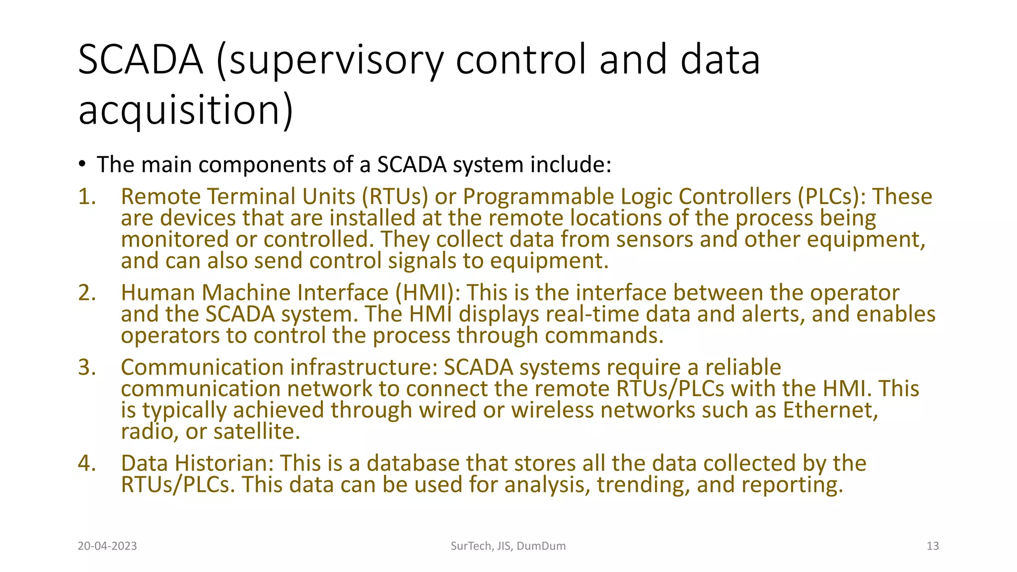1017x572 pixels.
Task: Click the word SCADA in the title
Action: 141,60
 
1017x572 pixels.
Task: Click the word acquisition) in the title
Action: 186,110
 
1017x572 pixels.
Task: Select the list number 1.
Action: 86,197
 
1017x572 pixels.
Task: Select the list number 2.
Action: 86,293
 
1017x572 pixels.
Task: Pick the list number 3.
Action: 86,367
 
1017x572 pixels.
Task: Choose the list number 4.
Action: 86,463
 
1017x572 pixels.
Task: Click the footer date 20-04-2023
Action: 107,546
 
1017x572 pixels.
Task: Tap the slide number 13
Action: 933,546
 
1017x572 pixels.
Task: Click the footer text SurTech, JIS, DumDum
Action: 508,546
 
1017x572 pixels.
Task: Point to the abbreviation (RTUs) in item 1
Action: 395,197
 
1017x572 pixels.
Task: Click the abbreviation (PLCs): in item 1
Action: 832,197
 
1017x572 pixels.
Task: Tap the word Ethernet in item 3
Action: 830,410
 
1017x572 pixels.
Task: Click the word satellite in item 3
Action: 256,431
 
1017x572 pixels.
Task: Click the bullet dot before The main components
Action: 82,164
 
